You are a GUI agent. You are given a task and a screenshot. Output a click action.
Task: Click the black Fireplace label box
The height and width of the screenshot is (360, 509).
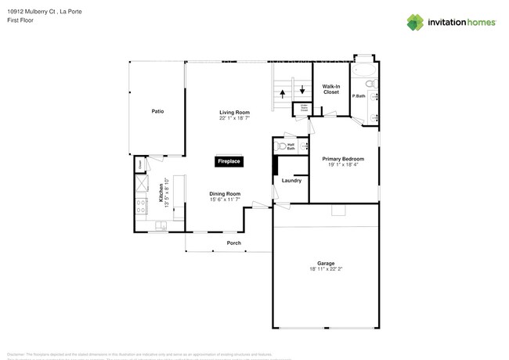pyautogui.click(x=229, y=161)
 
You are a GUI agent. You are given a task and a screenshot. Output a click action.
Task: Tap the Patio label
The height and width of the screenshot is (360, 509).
pyautogui.click(x=157, y=111)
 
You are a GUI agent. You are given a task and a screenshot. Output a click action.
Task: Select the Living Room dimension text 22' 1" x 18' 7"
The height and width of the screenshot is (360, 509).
pyautogui.click(x=234, y=118)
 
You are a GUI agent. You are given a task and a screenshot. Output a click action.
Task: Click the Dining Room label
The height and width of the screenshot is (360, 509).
pyautogui.click(x=224, y=193)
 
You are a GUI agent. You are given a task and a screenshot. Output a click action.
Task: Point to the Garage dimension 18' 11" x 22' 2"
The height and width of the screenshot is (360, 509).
pyautogui.click(x=325, y=268)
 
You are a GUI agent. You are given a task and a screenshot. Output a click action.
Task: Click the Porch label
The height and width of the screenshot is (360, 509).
pyautogui.click(x=233, y=243)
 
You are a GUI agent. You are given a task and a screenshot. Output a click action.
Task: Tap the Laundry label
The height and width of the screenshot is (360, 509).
pyautogui.click(x=291, y=181)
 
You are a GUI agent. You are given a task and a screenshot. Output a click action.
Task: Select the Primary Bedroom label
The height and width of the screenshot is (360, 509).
pyautogui.click(x=344, y=159)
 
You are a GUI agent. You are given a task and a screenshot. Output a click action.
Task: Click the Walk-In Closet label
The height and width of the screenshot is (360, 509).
pyautogui.click(x=331, y=89)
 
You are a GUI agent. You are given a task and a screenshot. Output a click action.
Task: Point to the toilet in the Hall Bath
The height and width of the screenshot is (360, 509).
pyautogui.click(x=280, y=146)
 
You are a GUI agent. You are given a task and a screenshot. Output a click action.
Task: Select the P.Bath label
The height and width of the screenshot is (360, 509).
pyautogui.click(x=359, y=96)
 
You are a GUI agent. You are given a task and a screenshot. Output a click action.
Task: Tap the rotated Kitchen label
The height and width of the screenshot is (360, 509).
pyautogui.click(x=162, y=191)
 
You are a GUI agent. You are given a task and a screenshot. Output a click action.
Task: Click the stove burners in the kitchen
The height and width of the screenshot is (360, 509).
pyautogui.click(x=143, y=207)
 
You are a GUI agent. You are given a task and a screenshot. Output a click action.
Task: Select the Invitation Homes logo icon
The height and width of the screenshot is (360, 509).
pyautogui.click(x=416, y=22)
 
